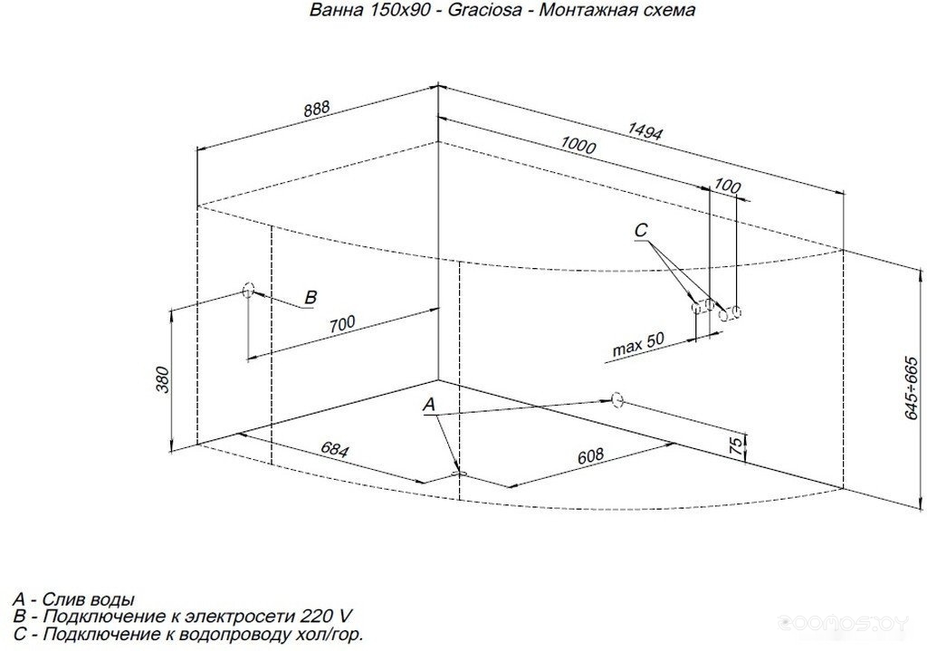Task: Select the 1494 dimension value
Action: click(645, 131)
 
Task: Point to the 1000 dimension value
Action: click(578, 145)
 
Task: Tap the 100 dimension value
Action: click(727, 187)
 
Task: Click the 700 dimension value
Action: click(342, 323)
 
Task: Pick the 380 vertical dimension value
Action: click(163, 379)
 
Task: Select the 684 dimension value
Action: click(335, 451)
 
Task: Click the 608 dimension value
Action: click(590, 455)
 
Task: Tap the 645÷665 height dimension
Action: click(913, 388)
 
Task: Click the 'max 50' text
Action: click(638, 344)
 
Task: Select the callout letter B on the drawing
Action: click(311, 297)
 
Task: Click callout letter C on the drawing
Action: click(641, 230)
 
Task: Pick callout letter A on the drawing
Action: click(429, 405)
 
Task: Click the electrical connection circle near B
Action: click(248, 290)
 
